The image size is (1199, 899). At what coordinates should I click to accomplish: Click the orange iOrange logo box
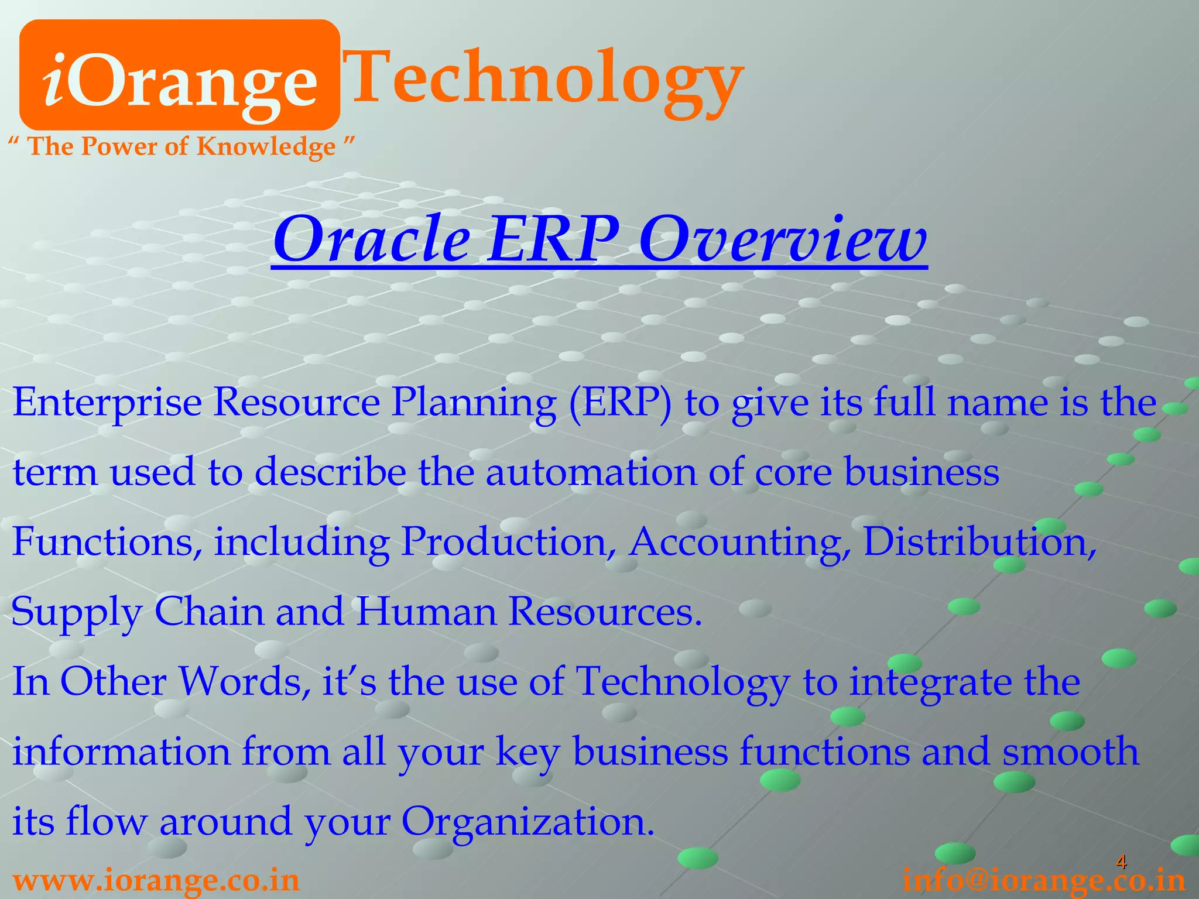(x=179, y=75)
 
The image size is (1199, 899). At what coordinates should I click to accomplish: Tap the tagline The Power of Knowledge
(x=182, y=146)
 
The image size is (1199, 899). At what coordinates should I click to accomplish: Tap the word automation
(x=591, y=472)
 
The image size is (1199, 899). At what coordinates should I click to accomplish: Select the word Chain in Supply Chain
(x=209, y=612)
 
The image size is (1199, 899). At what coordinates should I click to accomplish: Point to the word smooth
(x=1071, y=751)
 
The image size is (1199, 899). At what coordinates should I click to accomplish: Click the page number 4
(x=1121, y=862)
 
